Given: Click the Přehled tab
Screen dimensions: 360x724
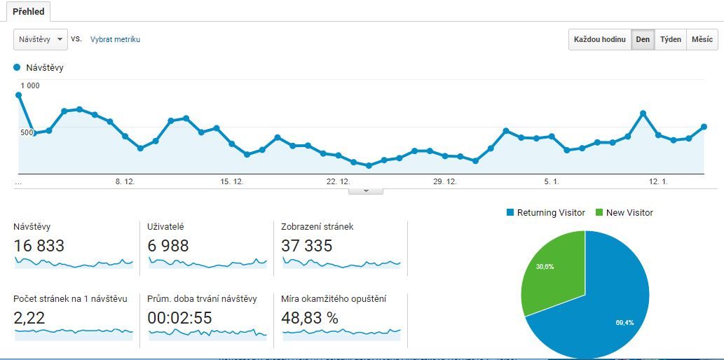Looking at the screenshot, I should tap(29, 12).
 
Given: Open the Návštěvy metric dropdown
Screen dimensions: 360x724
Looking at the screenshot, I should tap(41, 39).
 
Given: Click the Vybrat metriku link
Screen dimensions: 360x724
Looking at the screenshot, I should tap(115, 39).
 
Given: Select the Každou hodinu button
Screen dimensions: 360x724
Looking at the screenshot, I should tap(599, 39).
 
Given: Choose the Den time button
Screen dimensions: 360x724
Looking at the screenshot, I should tap(643, 39).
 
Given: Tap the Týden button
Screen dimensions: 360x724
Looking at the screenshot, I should tap(670, 39).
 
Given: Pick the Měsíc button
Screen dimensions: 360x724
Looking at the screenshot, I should tap(702, 39).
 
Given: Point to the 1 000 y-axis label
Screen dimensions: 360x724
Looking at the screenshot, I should tap(30, 85).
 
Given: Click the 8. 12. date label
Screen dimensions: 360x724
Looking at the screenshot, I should tap(125, 181).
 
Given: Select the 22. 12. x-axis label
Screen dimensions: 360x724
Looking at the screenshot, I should tap(338, 181).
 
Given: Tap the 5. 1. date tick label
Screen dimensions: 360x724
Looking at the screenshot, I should tap(552, 181).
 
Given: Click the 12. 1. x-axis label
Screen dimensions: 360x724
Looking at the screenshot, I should tap(658, 181).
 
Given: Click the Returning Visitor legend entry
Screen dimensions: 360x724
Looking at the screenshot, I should tap(546, 213).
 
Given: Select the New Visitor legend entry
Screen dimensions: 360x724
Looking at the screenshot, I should tap(624, 213).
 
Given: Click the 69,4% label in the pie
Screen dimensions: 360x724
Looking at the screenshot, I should tap(624, 321).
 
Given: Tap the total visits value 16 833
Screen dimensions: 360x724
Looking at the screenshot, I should tap(39, 246).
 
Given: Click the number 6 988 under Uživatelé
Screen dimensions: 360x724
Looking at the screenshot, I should tap(168, 246).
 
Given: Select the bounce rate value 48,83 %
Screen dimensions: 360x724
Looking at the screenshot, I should tap(310, 318).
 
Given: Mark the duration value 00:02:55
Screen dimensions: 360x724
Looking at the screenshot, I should tap(179, 318).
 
